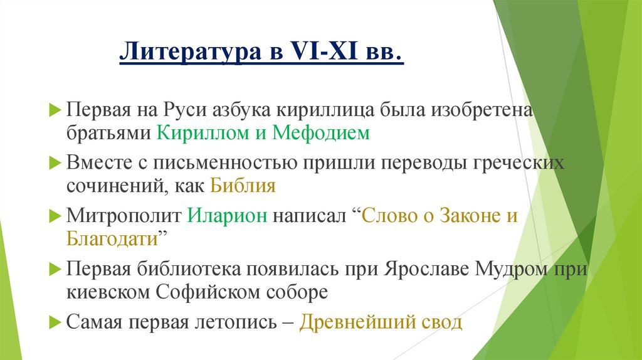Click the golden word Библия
pyautogui.click(x=243, y=187)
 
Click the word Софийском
pyautogui.click(x=215, y=292)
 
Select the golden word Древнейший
pyautogui.click(x=355, y=323)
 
